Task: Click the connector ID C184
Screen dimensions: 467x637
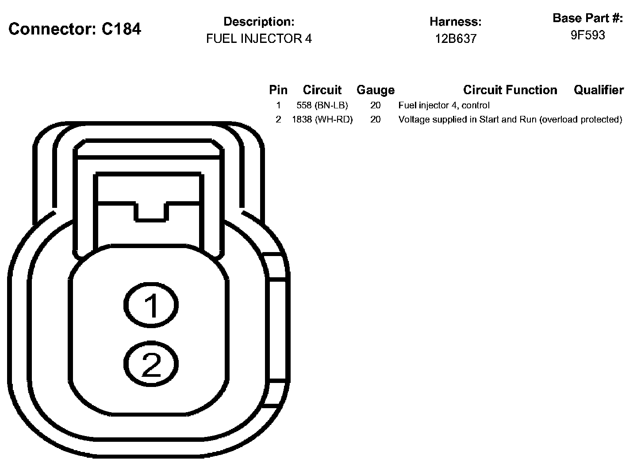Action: coord(121,29)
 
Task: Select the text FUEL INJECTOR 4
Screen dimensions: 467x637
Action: coord(259,39)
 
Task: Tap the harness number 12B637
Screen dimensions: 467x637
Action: coord(455,39)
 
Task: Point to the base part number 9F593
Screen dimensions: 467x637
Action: coord(587,35)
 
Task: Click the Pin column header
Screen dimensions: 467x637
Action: coord(278,90)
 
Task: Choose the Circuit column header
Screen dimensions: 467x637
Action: coord(322,90)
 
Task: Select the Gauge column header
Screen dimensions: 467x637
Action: coord(375,90)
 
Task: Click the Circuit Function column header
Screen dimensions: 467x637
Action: coord(510,90)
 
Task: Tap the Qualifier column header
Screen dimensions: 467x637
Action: coord(599,90)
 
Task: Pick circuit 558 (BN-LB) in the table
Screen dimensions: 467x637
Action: coord(322,106)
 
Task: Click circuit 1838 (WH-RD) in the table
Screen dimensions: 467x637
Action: coord(322,120)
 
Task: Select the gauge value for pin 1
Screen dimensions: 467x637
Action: coord(375,106)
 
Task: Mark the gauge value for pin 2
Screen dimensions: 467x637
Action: coord(375,120)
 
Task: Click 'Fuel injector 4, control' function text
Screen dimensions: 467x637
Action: coord(444,106)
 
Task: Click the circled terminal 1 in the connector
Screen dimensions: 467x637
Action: coord(151,305)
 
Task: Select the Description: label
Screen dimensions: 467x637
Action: coord(259,22)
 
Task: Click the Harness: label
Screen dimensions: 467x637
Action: coord(455,22)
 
